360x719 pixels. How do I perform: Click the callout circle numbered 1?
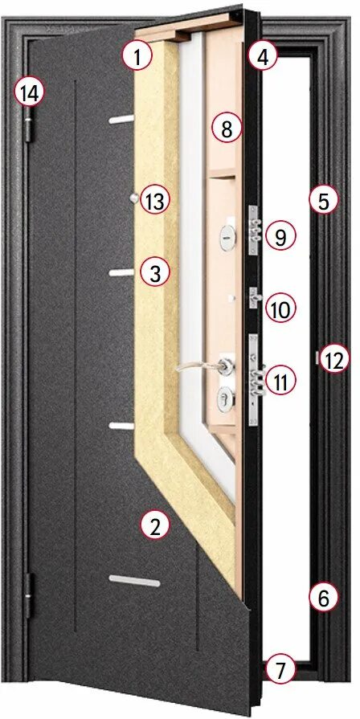coord(137,57)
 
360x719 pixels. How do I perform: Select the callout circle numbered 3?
coord(155,272)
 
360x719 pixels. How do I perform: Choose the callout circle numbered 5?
coord(323,200)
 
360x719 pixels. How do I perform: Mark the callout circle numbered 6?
coord(323,598)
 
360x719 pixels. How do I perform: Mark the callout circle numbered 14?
coord(29,93)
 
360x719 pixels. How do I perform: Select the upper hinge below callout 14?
coord(31,129)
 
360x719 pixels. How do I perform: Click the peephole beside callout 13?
coord(131,198)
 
